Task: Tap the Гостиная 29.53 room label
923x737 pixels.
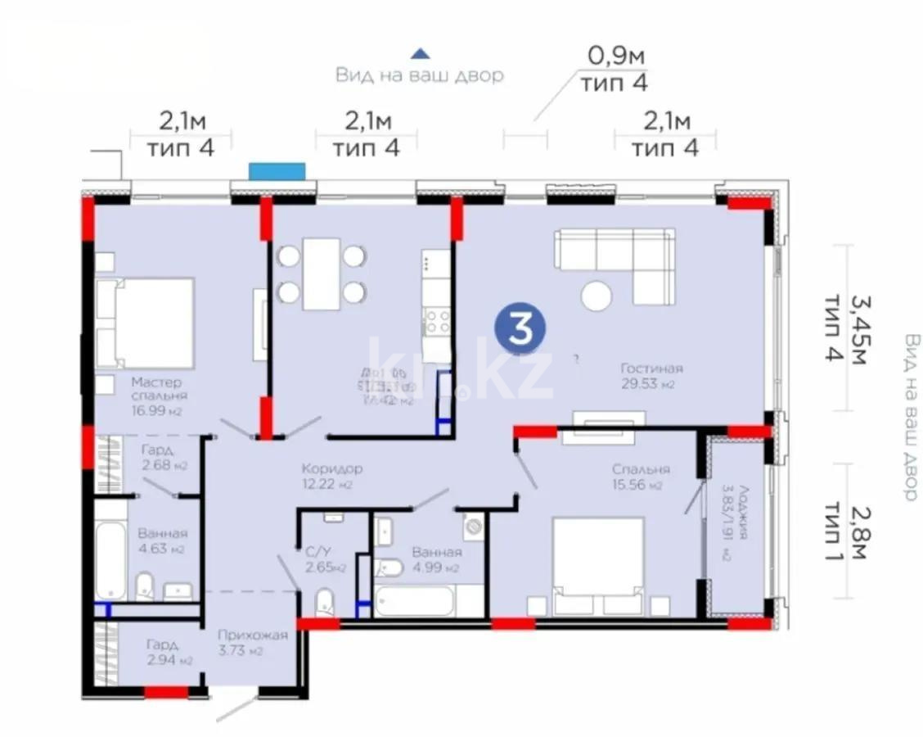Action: tap(651, 376)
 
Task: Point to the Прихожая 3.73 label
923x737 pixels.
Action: tap(252, 642)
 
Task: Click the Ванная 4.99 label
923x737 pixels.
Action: tap(435, 559)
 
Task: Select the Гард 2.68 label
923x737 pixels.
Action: tap(164, 457)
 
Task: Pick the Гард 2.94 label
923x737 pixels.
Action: tap(169, 652)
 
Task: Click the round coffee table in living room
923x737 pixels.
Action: tap(597, 296)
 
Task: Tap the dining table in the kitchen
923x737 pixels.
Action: tap(321, 274)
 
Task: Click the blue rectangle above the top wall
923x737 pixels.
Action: tap(277, 171)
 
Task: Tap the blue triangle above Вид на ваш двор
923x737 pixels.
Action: tap(420, 53)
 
